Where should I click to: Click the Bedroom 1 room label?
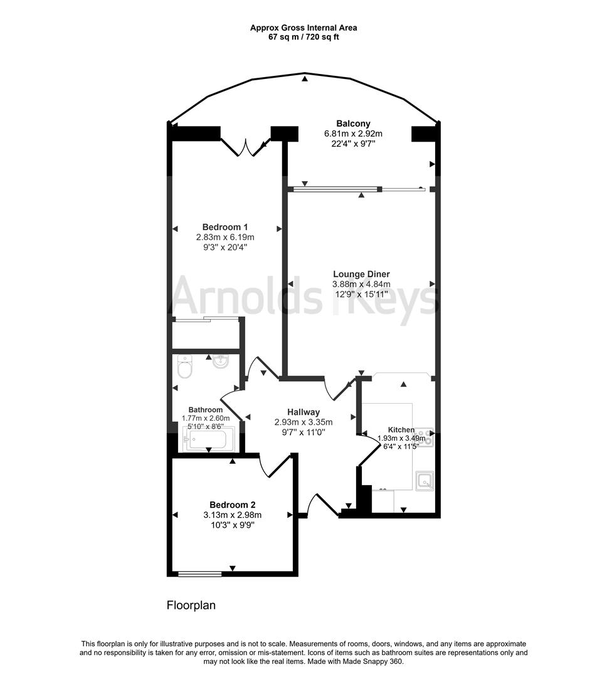(x=225, y=227)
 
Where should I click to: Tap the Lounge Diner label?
(x=361, y=274)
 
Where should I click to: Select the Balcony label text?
(x=353, y=123)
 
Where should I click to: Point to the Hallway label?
(x=303, y=412)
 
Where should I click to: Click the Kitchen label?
(x=401, y=429)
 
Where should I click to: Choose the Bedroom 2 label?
(x=232, y=505)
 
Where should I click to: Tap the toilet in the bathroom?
(x=185, y=367)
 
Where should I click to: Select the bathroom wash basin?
(x=221, y=362)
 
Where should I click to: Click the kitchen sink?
(x=425, y=481)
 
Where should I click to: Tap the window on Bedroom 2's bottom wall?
(x=199, y=573)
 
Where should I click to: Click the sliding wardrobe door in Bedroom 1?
(x=206, y=320)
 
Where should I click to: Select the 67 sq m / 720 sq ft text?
(x=303, y=37)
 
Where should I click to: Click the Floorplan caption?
(x=191, y=606)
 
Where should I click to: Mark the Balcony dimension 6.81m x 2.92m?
(x=353, y=134)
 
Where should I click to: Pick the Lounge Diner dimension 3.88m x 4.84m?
(x=361, y=284)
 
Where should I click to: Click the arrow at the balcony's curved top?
(x=305, y=78)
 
